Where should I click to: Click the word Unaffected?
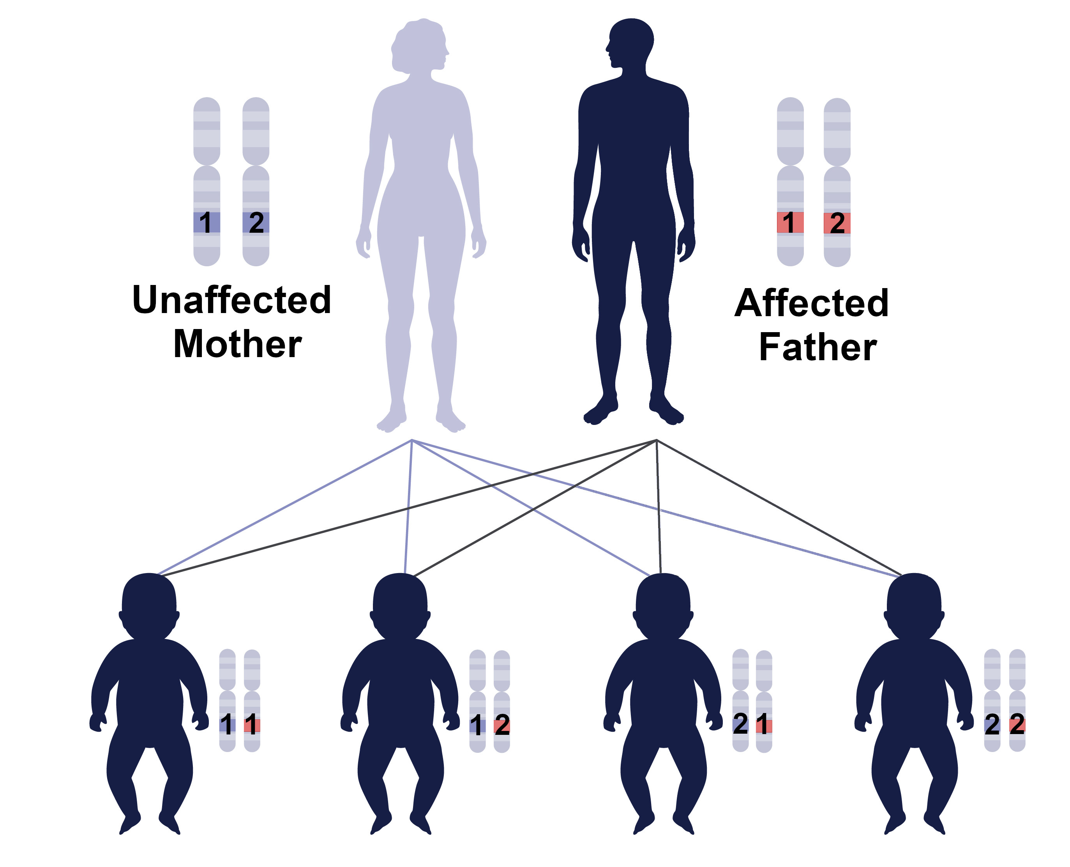pos(231,300)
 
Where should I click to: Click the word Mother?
pos(238,344)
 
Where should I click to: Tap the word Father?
pos(818,347)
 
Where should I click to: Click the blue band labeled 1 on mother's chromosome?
pos(207,222)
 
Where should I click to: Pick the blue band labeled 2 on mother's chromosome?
pos(256,222)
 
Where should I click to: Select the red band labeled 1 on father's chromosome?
pos(790,222)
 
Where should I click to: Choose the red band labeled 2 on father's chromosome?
pos(837,223)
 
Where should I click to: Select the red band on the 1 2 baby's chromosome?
pos(501,725)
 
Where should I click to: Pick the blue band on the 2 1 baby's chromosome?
pos(740,725)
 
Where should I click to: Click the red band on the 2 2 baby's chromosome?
pos(1017,725)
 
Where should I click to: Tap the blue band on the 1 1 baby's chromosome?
pos(227,725)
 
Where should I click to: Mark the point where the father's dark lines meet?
pos(656,440)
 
